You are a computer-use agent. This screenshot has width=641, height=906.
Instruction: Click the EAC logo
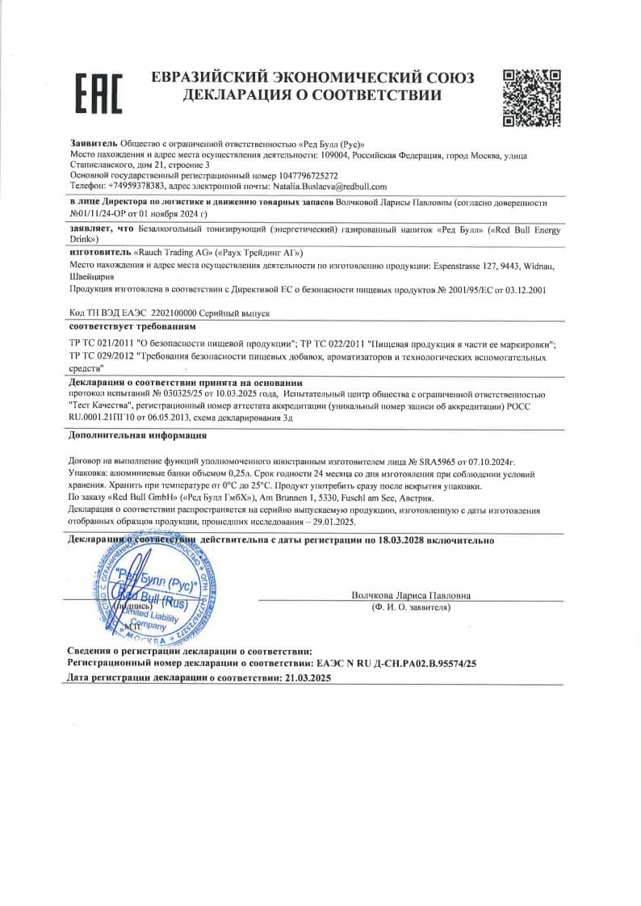[98, 93]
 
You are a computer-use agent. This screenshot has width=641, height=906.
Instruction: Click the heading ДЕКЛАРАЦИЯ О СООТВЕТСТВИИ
[312, 95]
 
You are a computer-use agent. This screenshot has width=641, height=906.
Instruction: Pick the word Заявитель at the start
[94, 143]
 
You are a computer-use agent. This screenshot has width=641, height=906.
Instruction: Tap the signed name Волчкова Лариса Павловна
[411, 595]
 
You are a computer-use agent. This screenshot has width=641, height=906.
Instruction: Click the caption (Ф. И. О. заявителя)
[411, 606]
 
